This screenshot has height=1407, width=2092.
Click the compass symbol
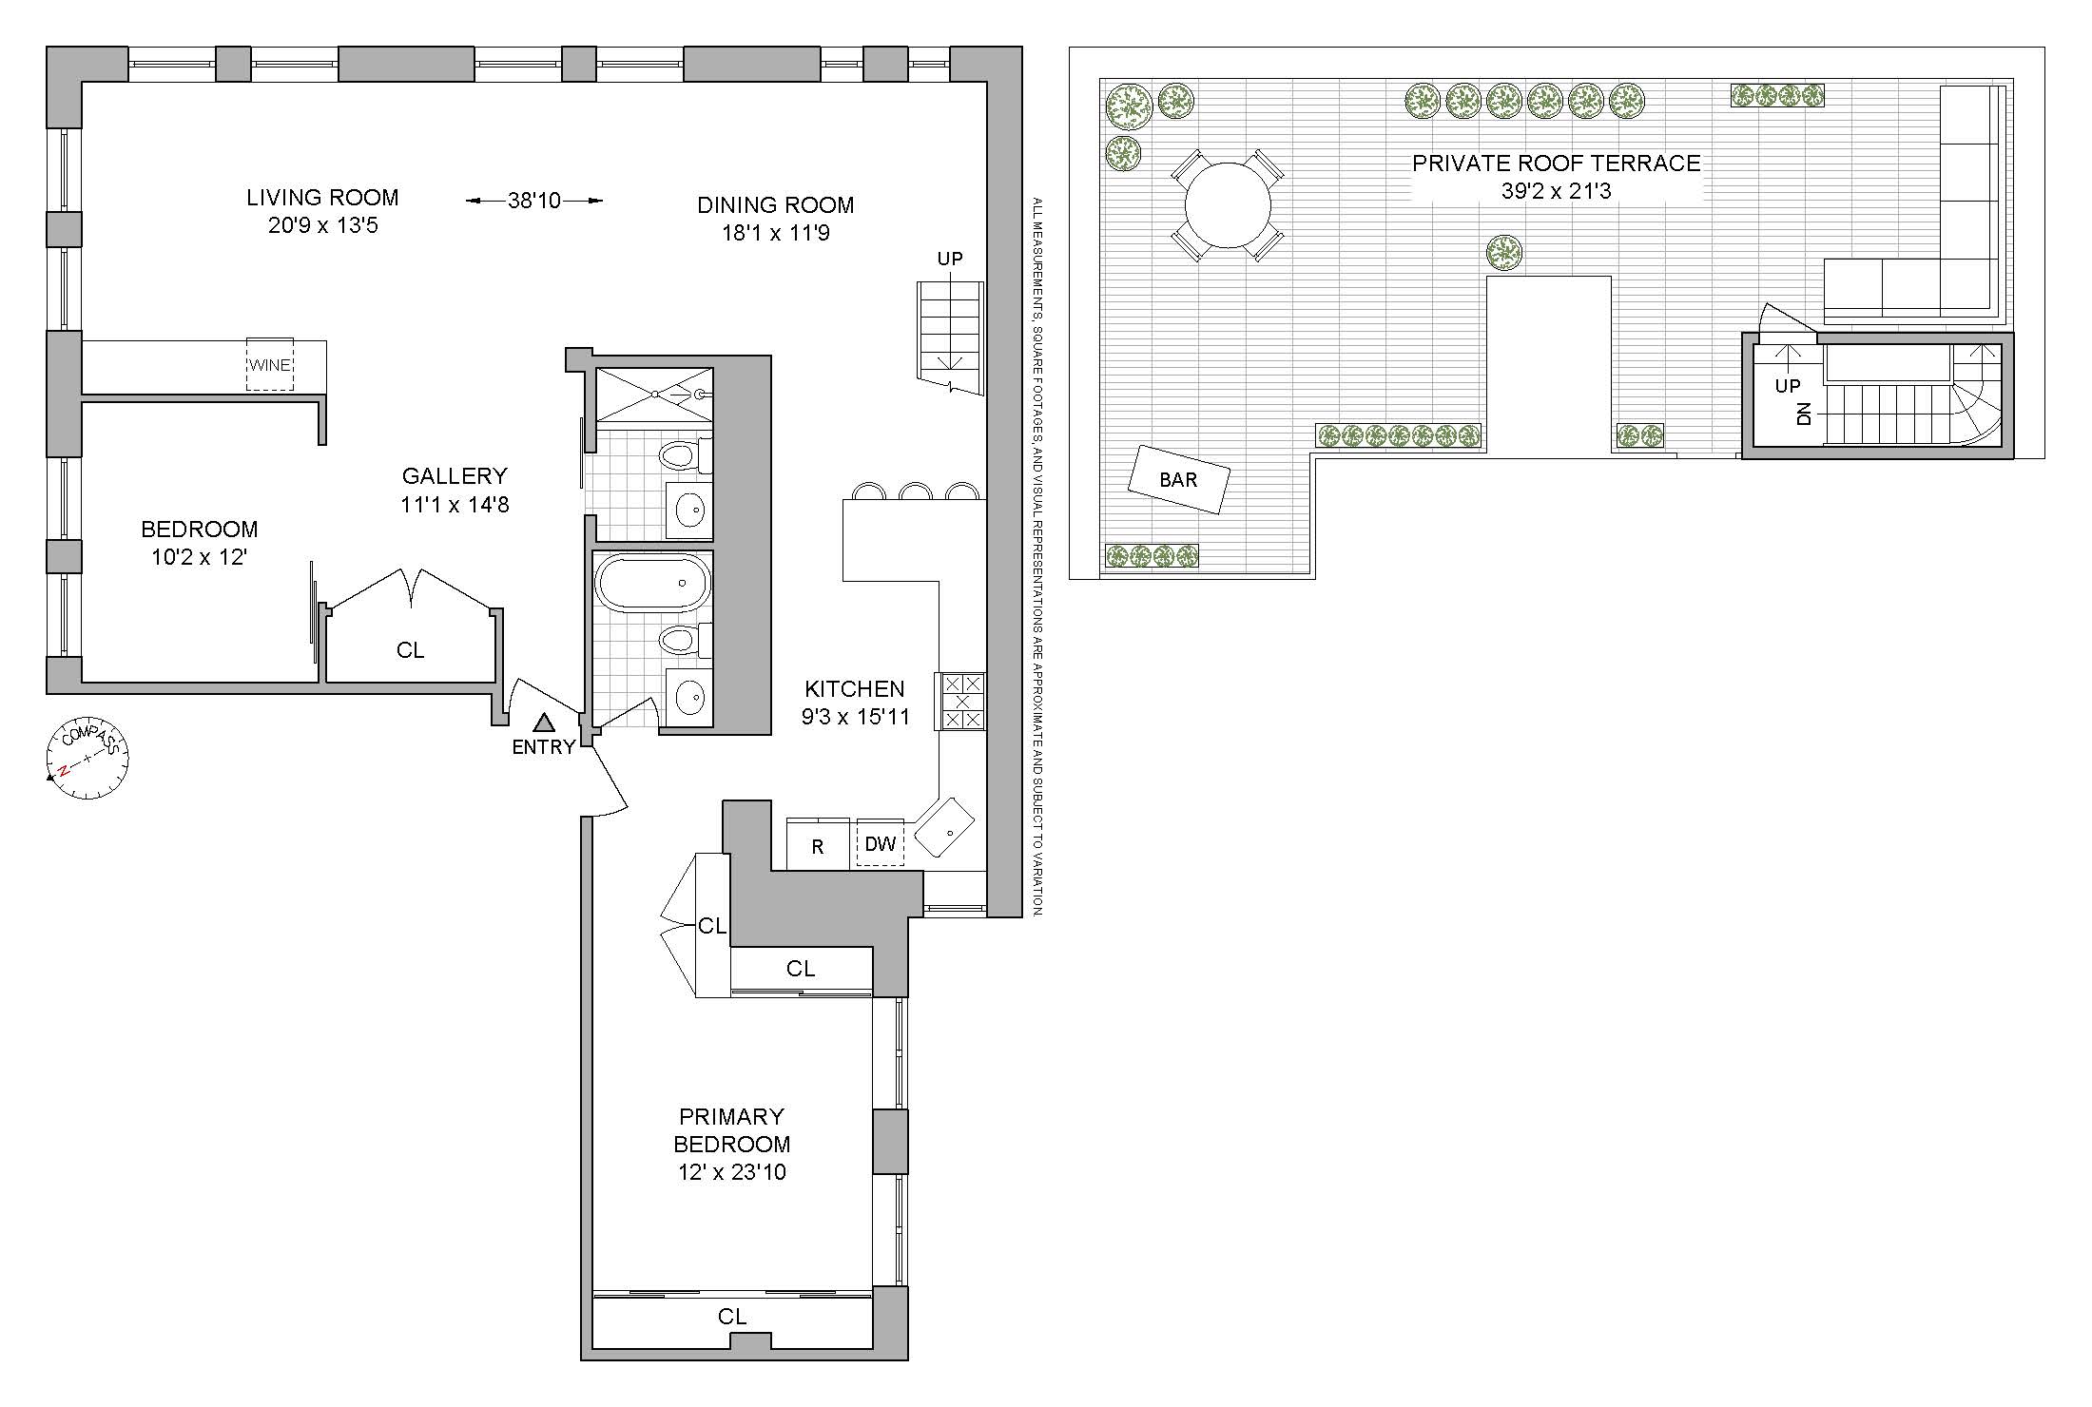tap(87, 758)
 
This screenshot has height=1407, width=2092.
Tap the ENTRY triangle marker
tap(543, 723)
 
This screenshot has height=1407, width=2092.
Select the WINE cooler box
tap(270, 364)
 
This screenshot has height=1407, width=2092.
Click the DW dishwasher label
tap(881, 843)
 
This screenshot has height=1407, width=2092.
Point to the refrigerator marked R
tap(818, 845)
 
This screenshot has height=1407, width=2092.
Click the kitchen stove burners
tap(962, 702)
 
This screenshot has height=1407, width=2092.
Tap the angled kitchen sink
tap(943, 828)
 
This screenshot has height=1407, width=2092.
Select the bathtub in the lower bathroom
tap(652, 583)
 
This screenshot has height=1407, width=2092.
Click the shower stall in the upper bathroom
tap(653, 394)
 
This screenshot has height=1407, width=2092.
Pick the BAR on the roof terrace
tap(1178, 480)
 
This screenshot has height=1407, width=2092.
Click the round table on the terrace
tap(1228, 204)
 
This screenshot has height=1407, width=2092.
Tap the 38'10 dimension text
tap(534, 201)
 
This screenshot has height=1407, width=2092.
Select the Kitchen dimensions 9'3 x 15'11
tap(855, 716)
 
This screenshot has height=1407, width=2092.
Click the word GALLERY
tap(455, 476)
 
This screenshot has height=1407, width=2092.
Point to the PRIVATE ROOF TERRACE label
tap(1556, 164)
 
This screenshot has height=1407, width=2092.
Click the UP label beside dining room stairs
tap(950, 259)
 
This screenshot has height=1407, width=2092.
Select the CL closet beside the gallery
tap(410, 649)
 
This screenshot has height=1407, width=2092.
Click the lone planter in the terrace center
tap(1504, 252)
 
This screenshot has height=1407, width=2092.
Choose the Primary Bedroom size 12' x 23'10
tap(731, 1172)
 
